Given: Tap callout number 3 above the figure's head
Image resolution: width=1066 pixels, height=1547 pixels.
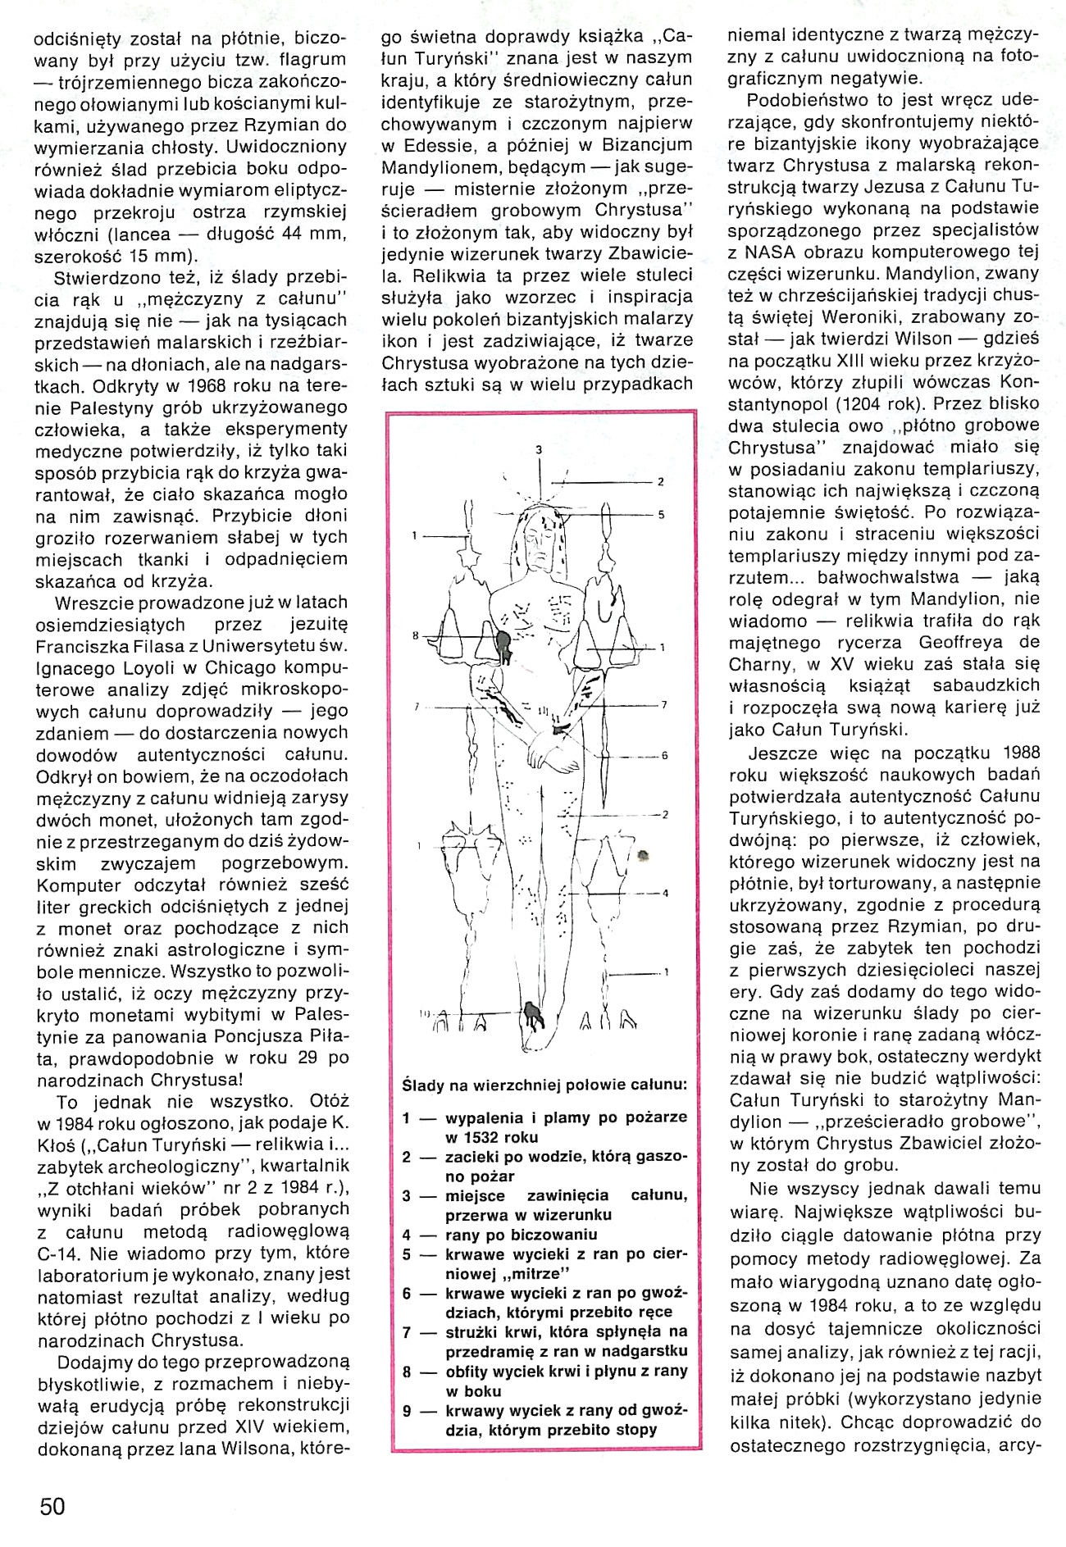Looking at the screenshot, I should [540, 449].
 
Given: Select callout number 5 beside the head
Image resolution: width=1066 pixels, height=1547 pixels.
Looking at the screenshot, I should [660, 515].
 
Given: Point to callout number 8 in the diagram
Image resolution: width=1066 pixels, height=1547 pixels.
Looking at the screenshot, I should [417, 635].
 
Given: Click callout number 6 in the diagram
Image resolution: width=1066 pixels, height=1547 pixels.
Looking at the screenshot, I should [665, 755].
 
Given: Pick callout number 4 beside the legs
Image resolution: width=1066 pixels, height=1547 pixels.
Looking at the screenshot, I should [666, 893].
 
